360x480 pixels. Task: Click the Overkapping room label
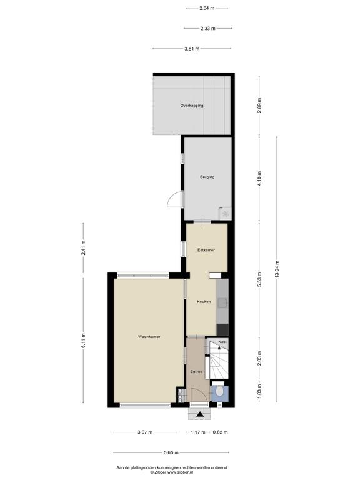[x=192, y=105]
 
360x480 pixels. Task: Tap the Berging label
[x=207, y=177]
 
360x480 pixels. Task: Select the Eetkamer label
[x=206, y=250]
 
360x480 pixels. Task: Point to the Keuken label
[x=204, y=301]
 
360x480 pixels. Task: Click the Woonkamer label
[x=149, y=337]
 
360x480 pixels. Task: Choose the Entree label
[x=196, y=372]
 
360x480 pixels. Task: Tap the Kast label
[x=222, y=342]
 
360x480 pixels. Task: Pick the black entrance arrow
[x=200, y=414]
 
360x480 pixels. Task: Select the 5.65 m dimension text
[x=171, y=452]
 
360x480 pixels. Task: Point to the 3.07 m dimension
[x=145, y=432]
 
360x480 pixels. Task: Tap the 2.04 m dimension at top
[x=207, y=8]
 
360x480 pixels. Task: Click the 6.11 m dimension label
[x=83, y=340]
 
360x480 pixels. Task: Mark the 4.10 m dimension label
[x=259, y=179]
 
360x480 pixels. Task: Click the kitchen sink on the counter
[x=224, y=302]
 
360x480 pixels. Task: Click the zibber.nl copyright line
[x=171, y=472]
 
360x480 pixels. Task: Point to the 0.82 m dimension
[x=220, y=432]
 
